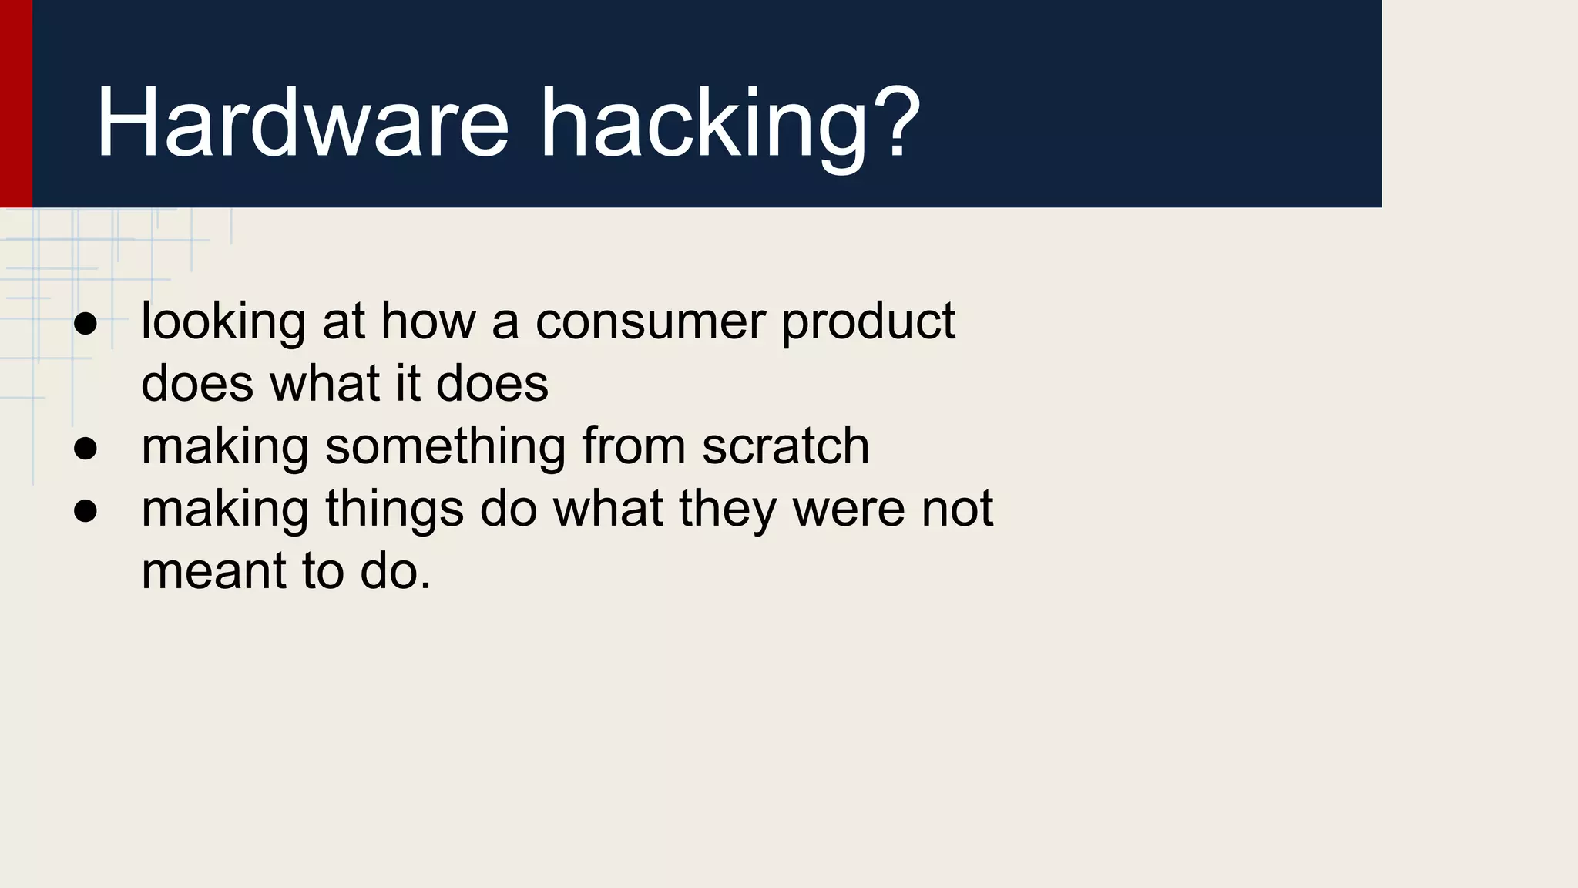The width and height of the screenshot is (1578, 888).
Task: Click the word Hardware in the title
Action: pos(301,123)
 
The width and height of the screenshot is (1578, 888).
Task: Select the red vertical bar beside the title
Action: pos(15,103)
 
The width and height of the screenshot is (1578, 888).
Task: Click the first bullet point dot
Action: pos(86,324)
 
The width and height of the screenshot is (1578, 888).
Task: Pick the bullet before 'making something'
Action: pos(86,449)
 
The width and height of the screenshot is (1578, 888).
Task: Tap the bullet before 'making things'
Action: pos(86,511)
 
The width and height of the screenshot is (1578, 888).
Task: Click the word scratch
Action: pos(785,446)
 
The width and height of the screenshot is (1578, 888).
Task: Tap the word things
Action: pos(394,511)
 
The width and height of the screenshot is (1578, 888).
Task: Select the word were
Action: pos(848,510)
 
